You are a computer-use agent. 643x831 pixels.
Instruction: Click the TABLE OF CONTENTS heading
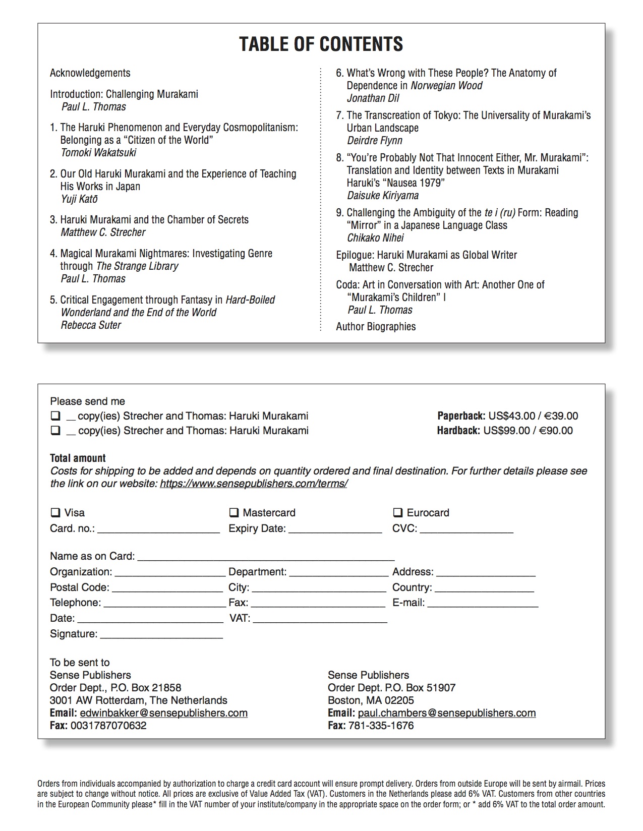321,44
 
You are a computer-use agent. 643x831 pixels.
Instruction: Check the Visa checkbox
55,513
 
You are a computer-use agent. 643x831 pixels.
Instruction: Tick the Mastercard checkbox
234,513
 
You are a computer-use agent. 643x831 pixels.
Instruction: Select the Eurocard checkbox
398,513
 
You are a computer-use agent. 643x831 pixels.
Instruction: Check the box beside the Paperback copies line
55,417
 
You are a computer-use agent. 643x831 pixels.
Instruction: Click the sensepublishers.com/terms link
254,484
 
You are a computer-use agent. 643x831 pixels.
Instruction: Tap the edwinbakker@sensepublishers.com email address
163,713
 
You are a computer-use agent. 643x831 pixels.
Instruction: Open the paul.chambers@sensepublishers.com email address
446,713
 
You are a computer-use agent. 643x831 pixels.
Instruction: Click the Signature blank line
161,635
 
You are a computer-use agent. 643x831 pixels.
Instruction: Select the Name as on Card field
266,557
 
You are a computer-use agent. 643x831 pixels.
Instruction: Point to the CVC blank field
466,529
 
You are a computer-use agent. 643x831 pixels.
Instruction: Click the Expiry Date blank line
335,529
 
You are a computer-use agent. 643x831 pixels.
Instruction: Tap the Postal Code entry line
167,588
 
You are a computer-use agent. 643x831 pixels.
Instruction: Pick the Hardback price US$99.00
506,431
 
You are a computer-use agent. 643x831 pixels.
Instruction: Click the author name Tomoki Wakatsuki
98,153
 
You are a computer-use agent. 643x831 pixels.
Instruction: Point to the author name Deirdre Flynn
375,141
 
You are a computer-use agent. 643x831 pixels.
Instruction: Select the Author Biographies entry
376,327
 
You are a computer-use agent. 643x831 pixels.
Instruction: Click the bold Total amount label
78,458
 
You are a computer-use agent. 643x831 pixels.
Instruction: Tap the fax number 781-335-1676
381,726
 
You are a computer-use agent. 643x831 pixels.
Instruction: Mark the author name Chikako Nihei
375,238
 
